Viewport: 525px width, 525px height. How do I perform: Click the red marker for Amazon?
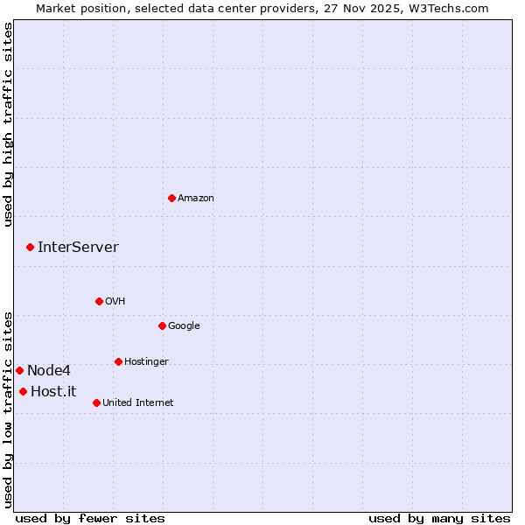click(171, 198)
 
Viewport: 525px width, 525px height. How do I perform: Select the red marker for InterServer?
click(30, 248)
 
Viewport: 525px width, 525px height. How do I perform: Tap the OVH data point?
click(99, 301)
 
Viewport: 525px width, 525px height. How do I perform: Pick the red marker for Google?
click(162, 325)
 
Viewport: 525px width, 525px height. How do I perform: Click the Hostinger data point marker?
click(118, 361)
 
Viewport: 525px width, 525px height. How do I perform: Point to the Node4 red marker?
click(19, 370)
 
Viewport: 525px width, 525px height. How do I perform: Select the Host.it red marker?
click(23, 391)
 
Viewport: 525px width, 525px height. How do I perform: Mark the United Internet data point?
click(96, 402)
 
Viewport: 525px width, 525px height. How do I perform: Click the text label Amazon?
click(196, 199)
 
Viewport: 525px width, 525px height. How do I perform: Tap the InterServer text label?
click(78, 248)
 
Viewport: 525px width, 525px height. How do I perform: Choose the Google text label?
click(184, 326)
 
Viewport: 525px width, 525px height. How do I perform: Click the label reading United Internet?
click(137, 403)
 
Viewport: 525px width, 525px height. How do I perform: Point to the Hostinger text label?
click(146, 362)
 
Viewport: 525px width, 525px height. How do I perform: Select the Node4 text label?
click(49, 371)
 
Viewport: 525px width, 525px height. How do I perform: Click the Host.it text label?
click(53, 392)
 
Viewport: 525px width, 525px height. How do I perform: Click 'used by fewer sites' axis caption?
click(89, 518)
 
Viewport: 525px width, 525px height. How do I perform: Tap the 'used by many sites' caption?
click(439, 518)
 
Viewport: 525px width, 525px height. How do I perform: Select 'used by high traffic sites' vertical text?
click(8, 124)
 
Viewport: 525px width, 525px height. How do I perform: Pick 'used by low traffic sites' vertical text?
click(8, 409)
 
